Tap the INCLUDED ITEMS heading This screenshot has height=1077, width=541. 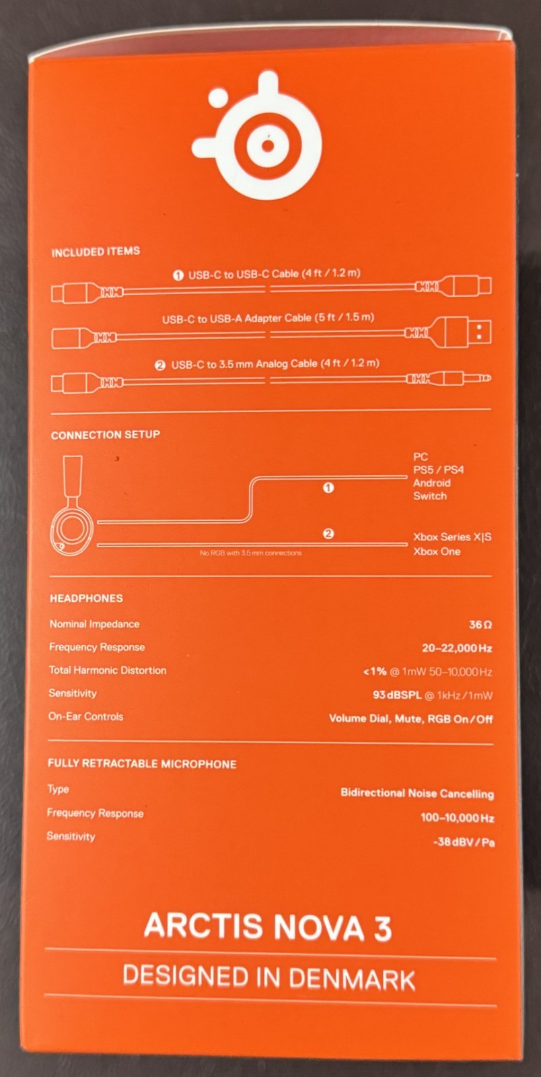pos(96,252)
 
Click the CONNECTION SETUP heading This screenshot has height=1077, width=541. pos(105,435)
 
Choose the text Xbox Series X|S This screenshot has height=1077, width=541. pos(452,537)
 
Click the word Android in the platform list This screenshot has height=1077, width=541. pos(432,483)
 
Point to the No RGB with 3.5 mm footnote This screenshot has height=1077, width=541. pos(251,553)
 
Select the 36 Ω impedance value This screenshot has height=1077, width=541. pos(480,625)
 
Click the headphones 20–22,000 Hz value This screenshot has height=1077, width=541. pos(457,648)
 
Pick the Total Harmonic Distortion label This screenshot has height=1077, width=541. pos(108,670)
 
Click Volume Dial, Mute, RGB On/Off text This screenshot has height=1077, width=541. pos(410,719)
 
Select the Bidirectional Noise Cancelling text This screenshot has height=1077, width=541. pos(417,793)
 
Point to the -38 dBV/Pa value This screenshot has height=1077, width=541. pos(464,842)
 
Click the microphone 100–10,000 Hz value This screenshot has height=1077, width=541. pos(458,817)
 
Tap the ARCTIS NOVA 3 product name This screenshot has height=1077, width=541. pos(268,926)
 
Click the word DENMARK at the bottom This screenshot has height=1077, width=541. pos(352,979)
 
